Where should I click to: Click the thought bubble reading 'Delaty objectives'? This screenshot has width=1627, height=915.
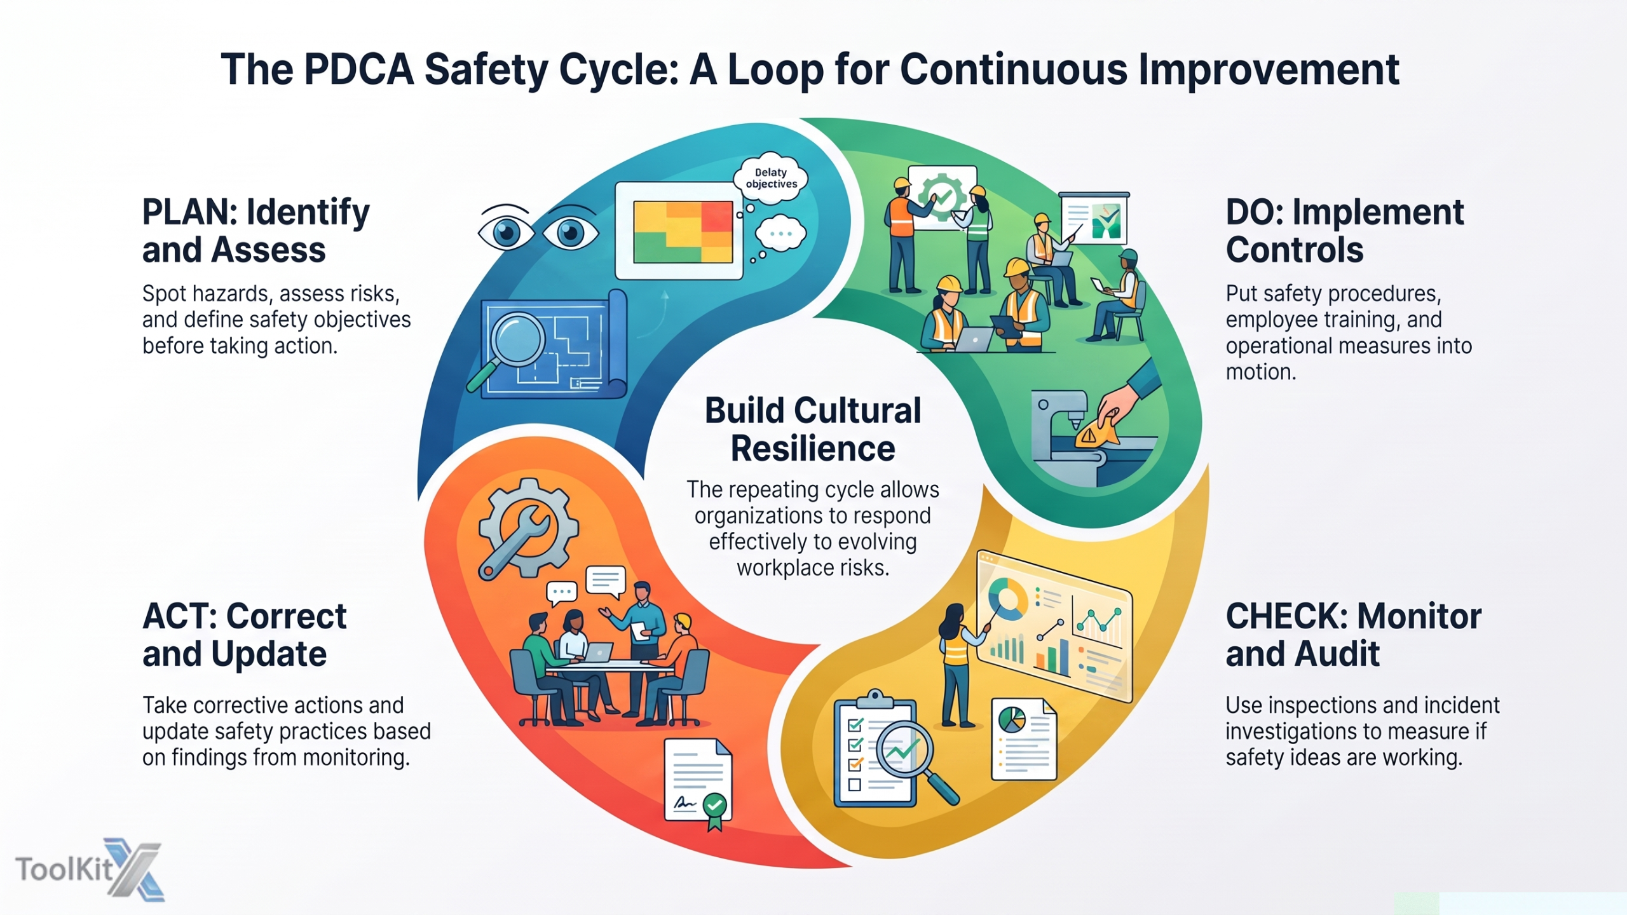770,178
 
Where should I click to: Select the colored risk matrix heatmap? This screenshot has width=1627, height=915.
683,232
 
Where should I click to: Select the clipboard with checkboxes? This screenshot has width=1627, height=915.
875,750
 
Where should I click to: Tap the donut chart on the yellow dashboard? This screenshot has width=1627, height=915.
1007,599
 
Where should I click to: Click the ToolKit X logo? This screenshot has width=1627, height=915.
90,869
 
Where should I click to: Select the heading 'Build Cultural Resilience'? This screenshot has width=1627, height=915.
813,429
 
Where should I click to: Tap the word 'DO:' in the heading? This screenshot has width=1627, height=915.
1253,212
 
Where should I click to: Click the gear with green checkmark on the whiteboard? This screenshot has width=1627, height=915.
943,196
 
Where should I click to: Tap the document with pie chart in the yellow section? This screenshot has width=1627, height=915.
1024,739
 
